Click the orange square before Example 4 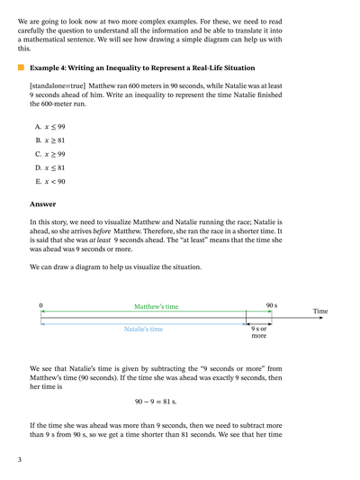(x=19, y=68)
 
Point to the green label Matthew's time (x=157, y=306)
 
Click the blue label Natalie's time (x=143, y=330)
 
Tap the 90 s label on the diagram (x=271, y=306)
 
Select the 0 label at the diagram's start (x=40, y=306)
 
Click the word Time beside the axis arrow (x=320, y=312)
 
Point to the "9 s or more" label (x=259, y=332)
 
